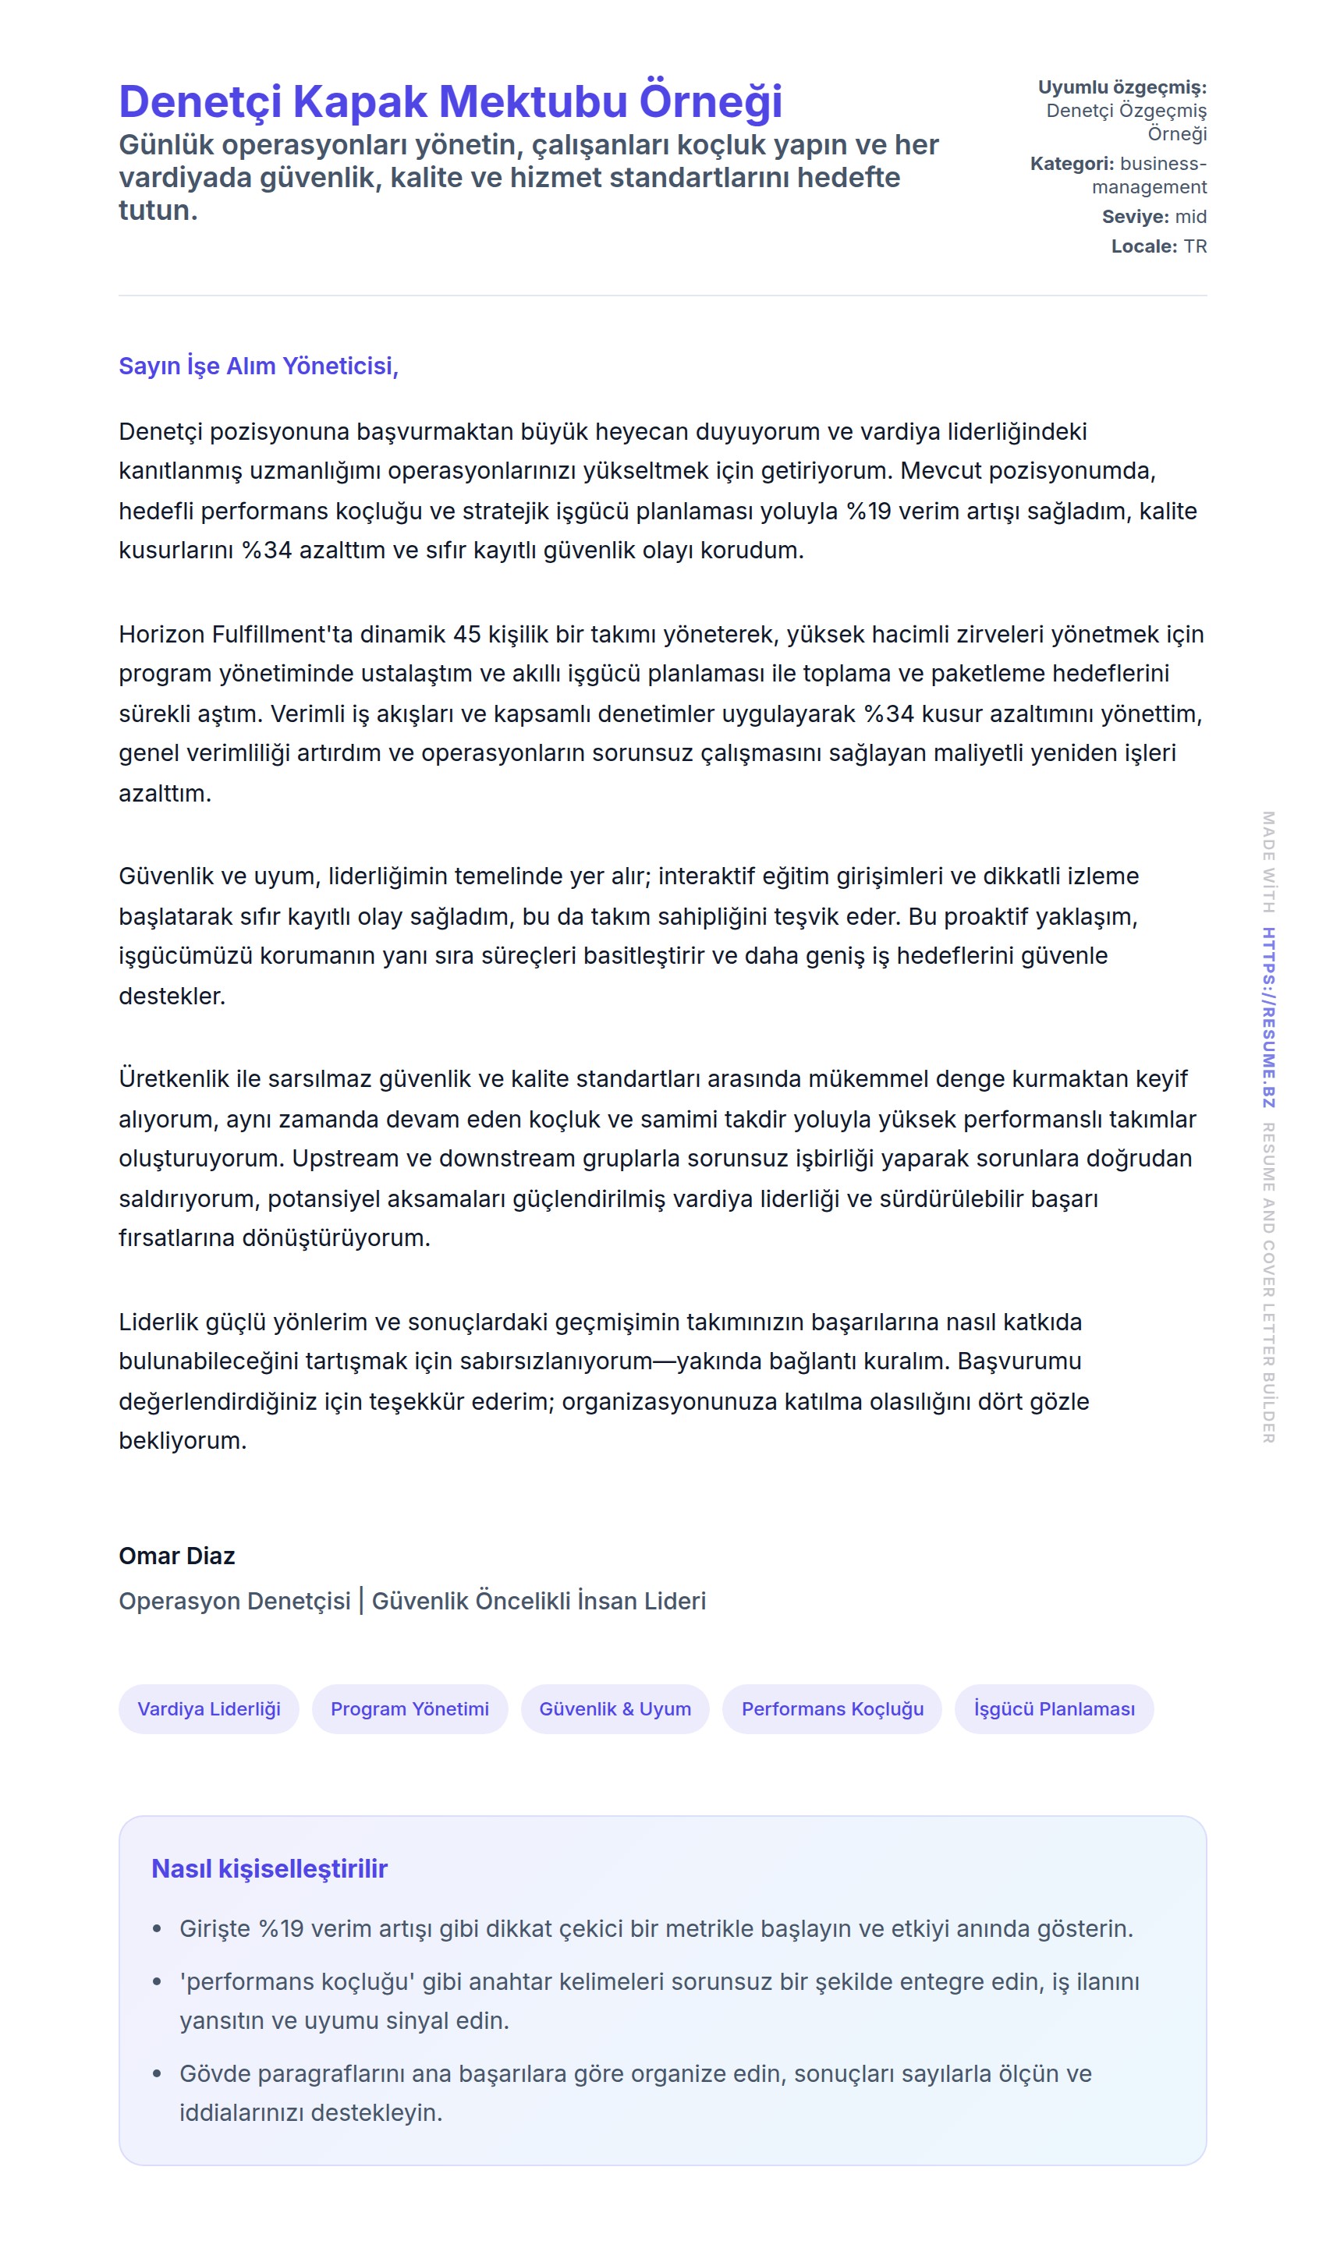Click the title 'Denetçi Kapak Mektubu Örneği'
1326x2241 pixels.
[x=450, y=101]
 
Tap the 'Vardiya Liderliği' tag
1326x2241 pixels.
[x=208, y=1708]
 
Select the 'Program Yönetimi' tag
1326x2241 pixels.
[x=409, y=1708]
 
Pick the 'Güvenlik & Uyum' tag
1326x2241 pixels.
[x=615, y=1708]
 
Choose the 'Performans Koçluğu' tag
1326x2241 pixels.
[x=832, y=1708]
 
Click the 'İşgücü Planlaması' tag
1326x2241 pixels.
[x=1054, y=1708]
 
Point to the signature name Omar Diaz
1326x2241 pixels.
[x=177, y=1556]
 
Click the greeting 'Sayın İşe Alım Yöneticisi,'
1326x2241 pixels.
[x=258, y=366]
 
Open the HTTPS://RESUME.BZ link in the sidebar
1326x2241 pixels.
[x=1268, y=1018]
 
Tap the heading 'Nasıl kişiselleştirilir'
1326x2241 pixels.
[x=269, y=1868]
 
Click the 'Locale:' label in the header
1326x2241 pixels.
[x=1143, y=246]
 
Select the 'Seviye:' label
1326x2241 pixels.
[x=1135, y=217]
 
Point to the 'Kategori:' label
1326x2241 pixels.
[x=1072, y=165]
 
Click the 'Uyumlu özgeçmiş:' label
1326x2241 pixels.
[x=1122, y=87]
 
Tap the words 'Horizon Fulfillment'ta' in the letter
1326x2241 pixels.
[x=236, y=634]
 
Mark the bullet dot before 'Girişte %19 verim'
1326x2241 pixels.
[x=158, y=1929]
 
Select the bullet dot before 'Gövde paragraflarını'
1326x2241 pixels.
[x=158, y=2074]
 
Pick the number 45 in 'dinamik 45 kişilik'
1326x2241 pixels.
[x=467, y=634]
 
